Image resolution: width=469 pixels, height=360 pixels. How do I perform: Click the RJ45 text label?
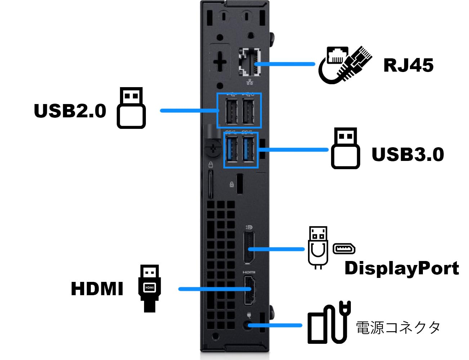[408, 65]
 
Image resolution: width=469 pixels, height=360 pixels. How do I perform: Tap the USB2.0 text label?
[70, 111]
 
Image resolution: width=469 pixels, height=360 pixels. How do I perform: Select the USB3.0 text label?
[407, 154]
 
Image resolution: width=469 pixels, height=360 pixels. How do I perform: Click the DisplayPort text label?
[402, 268]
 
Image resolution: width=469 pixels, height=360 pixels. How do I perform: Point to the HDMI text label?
[97, 289]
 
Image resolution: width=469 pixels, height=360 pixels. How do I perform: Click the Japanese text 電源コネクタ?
[398, 328]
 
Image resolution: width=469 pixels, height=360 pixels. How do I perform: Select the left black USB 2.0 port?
[231, 111]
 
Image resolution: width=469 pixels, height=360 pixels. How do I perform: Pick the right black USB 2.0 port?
[248, 111]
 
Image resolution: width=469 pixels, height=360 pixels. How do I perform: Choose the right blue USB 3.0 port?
[249, 149]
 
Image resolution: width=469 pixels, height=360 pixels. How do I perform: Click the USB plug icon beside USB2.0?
[131, 108]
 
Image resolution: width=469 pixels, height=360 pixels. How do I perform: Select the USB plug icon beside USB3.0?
[345, 148]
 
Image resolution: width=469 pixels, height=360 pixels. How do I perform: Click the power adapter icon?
[329, 324]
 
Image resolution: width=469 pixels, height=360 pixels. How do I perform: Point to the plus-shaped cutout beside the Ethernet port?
[220, 62]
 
